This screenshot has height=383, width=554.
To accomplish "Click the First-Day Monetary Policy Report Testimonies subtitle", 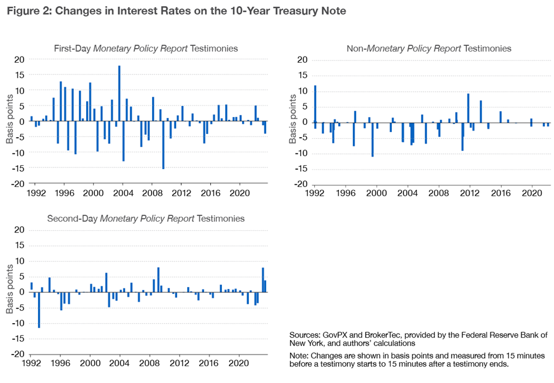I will pos(145,49).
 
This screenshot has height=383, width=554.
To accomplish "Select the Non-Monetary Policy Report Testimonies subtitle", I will pos(429,49).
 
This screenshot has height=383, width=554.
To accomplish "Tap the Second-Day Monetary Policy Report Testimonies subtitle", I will pos(145,218).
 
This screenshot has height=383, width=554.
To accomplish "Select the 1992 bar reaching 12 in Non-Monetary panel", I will pos(315,104).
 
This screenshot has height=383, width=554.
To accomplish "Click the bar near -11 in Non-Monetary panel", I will pos(372,139).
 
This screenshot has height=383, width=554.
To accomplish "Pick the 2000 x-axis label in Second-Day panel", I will pos(90,363).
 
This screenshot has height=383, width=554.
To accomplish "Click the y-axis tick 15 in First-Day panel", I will pos(20,75).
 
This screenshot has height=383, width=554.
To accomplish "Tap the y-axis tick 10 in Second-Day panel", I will pos(20,261).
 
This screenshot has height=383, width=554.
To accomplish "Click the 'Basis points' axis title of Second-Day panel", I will pos(10,292).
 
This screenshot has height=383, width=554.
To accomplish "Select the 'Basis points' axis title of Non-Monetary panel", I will pos(292,122).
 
